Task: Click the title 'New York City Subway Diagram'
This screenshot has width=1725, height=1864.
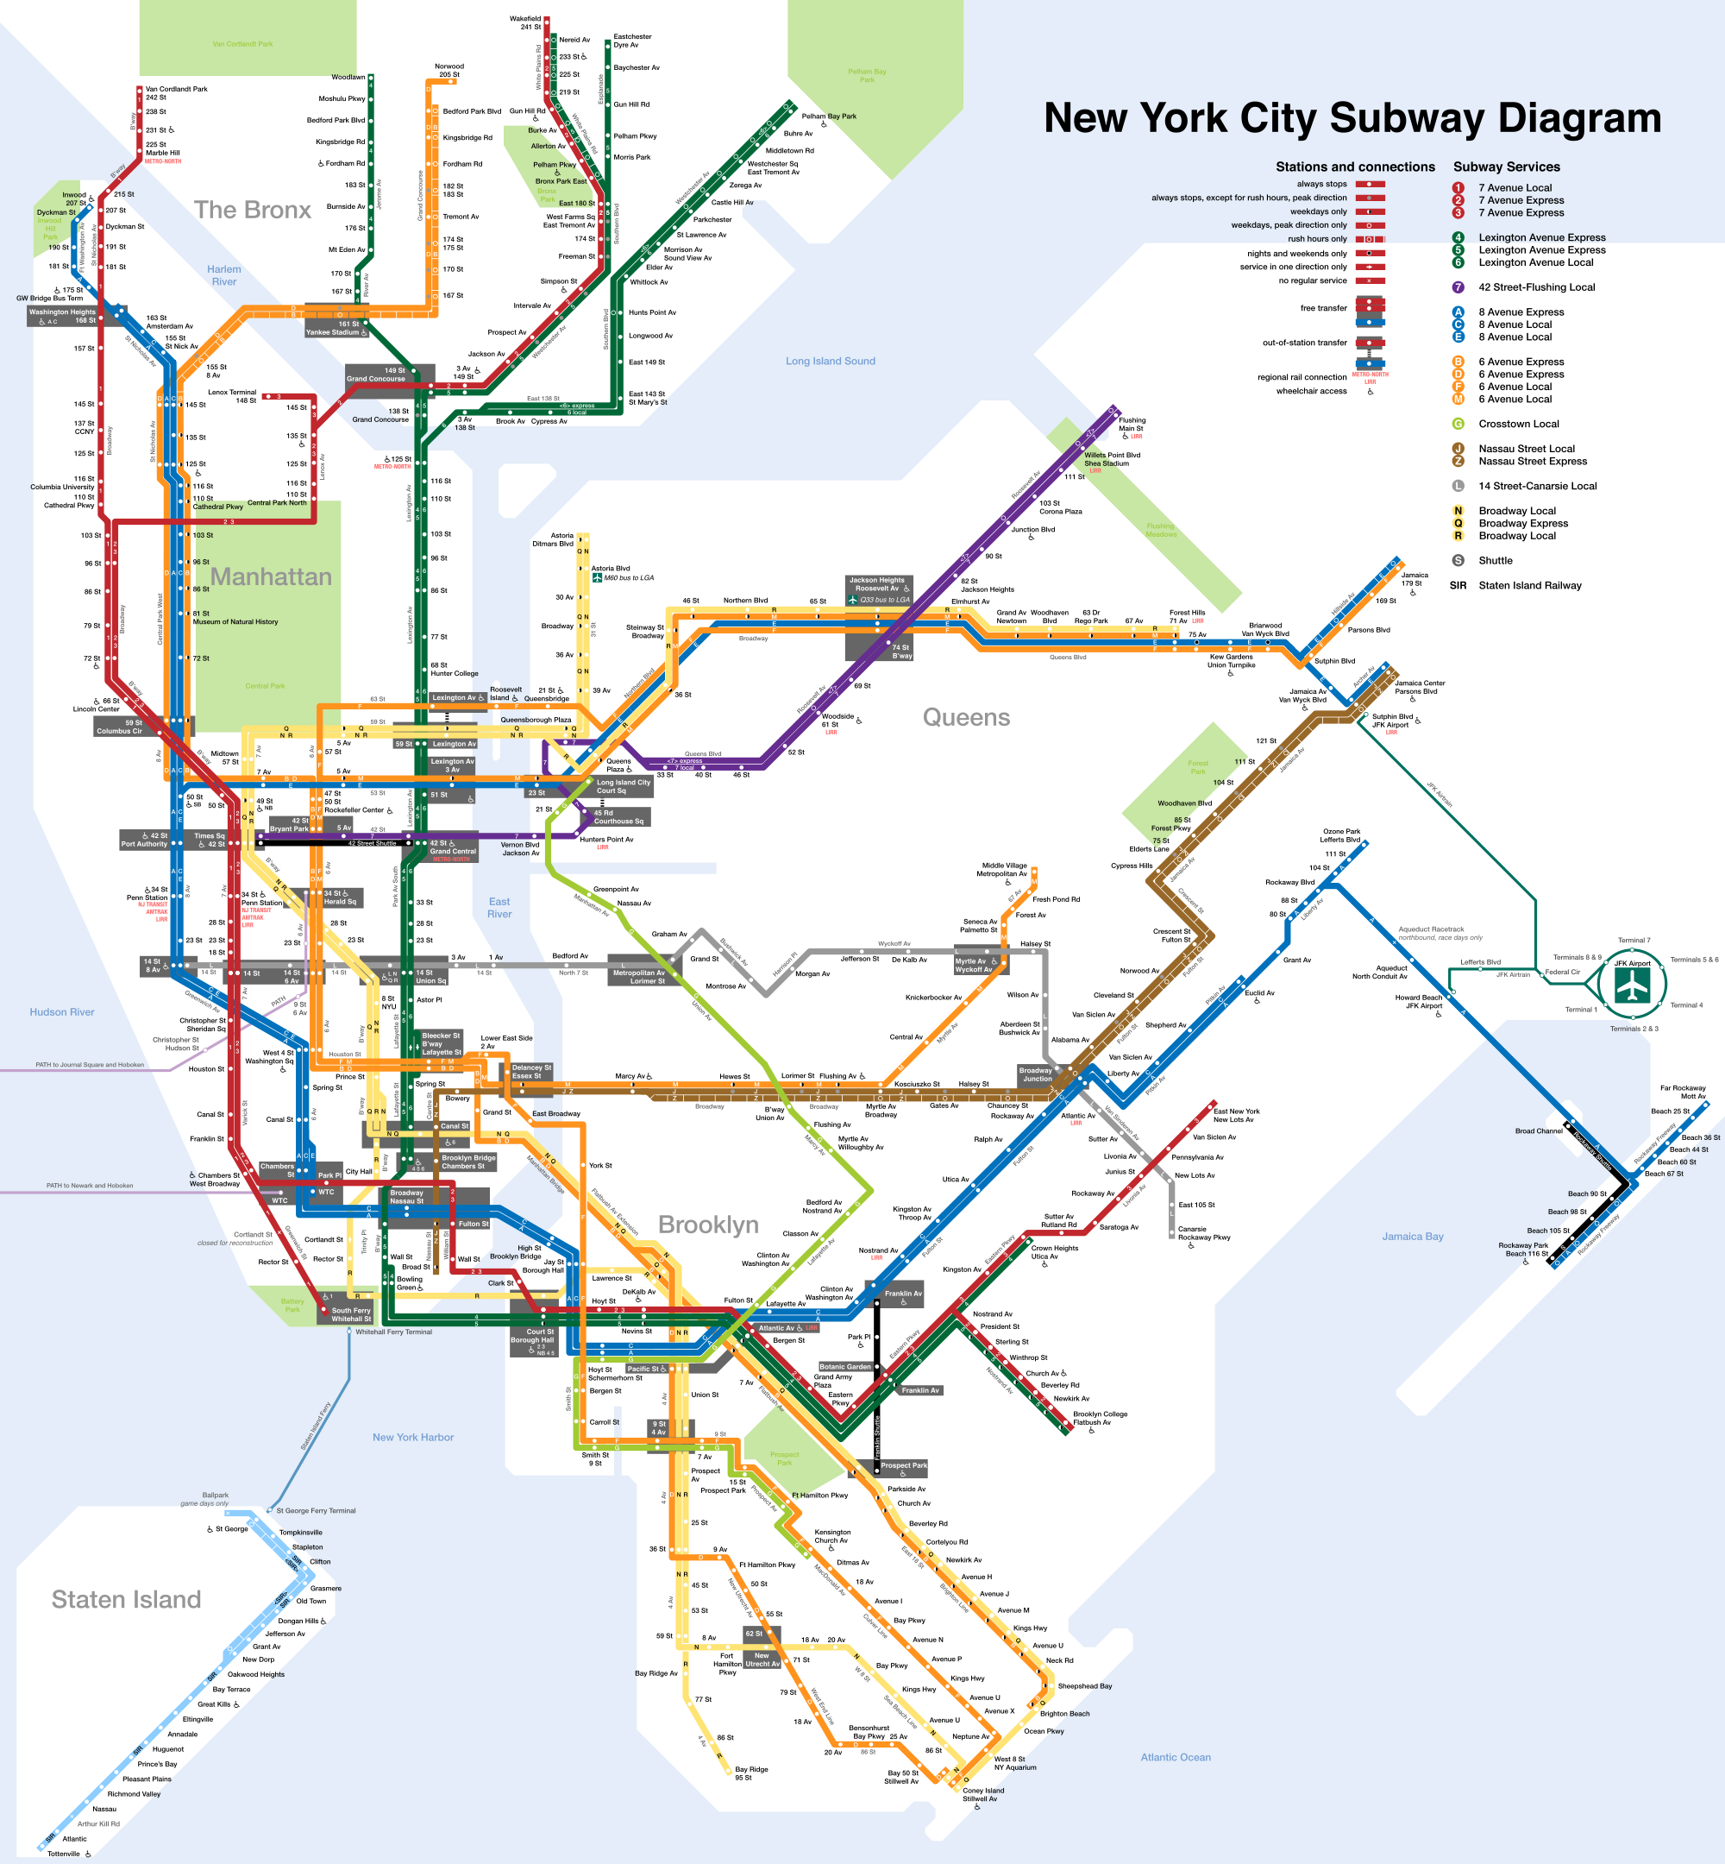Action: coord(1352,118)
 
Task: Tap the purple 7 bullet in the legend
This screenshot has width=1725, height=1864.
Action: coord(1458,287)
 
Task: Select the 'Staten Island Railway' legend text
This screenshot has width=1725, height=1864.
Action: coord(1529,586)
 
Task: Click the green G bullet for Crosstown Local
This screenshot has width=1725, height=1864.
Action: coord(1458,424)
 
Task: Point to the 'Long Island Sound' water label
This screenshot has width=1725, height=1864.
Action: coord(830,362)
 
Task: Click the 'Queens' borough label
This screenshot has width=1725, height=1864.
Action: coord(966,717)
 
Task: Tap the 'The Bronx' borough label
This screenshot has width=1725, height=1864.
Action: coord(252,210)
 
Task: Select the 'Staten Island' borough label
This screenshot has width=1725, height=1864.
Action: coord(126,1600)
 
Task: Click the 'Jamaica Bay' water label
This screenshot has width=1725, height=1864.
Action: coord(1412,1237)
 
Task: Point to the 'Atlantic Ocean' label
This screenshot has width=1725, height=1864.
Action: coord(1176,1758)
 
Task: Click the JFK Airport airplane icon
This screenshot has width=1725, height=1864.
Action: coord(1633,986)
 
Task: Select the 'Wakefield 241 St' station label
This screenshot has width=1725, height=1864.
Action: coord(524,22)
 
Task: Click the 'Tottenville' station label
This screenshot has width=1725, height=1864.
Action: coord(64,1854)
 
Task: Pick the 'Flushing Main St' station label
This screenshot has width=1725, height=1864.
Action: coord(1132,425)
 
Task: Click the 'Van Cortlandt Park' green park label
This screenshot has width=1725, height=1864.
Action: coord(242,44)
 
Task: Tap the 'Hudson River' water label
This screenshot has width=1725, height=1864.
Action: coord(61,1012)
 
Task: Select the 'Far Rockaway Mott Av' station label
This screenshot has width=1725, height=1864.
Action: coord(1682,1092)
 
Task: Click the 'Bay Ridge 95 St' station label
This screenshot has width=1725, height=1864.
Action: coord(750,1773)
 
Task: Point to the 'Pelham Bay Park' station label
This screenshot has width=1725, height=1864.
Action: coord(829,116)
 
